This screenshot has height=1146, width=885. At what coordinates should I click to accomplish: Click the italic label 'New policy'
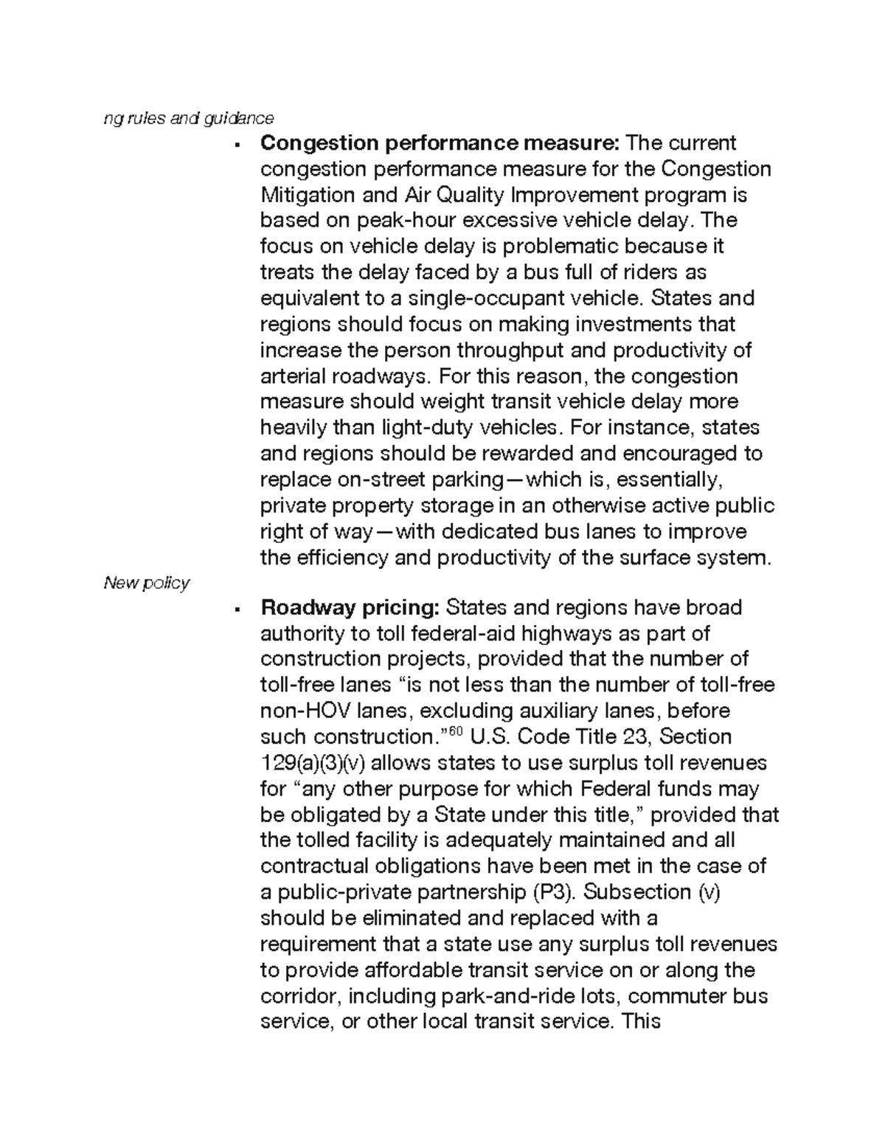[x=146, y=583]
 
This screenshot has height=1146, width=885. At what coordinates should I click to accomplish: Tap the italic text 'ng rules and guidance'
[x=188, y=118]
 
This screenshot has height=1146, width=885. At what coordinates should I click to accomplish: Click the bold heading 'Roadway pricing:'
[x=350, y=608]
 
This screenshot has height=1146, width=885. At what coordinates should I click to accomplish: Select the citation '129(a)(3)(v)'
[x=319, y=763]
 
